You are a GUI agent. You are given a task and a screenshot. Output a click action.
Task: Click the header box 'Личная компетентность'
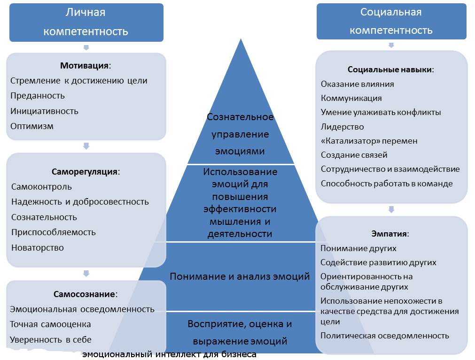(86, 23)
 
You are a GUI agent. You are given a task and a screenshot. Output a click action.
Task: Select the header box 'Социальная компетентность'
(391, 21)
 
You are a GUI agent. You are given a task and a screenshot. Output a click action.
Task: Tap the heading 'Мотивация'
(86, 66)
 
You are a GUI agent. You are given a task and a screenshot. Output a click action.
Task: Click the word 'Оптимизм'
(32, 126)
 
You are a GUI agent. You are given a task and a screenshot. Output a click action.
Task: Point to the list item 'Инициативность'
(44, 111)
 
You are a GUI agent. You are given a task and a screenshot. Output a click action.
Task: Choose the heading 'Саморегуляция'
(86, 172)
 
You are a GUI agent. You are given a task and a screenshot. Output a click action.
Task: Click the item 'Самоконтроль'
(41, 187)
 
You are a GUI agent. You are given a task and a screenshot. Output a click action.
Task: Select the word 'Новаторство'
(38, 247)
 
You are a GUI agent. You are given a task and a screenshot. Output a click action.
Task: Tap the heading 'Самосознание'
(86, 294)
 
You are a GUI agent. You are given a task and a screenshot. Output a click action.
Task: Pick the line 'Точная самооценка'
(50, 324)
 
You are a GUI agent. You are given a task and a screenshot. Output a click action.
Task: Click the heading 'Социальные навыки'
(391, 69)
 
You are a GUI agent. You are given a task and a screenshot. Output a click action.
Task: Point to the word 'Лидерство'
(343, 127)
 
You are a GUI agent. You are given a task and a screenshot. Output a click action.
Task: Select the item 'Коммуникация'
(351, 98)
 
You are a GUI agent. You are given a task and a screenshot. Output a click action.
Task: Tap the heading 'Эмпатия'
(390, 234)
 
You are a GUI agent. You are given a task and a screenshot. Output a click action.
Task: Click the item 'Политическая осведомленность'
(385, 336)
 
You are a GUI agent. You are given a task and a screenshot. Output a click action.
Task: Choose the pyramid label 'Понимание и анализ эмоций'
(240, 276)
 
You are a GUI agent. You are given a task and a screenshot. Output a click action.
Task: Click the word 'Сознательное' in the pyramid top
(240, 117)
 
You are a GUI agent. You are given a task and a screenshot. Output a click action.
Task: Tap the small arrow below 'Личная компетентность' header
(86, 47)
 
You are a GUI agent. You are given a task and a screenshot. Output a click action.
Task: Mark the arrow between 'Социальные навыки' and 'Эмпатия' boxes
(391, 209)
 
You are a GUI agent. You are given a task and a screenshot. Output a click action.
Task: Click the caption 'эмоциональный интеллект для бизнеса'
(169, 354)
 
